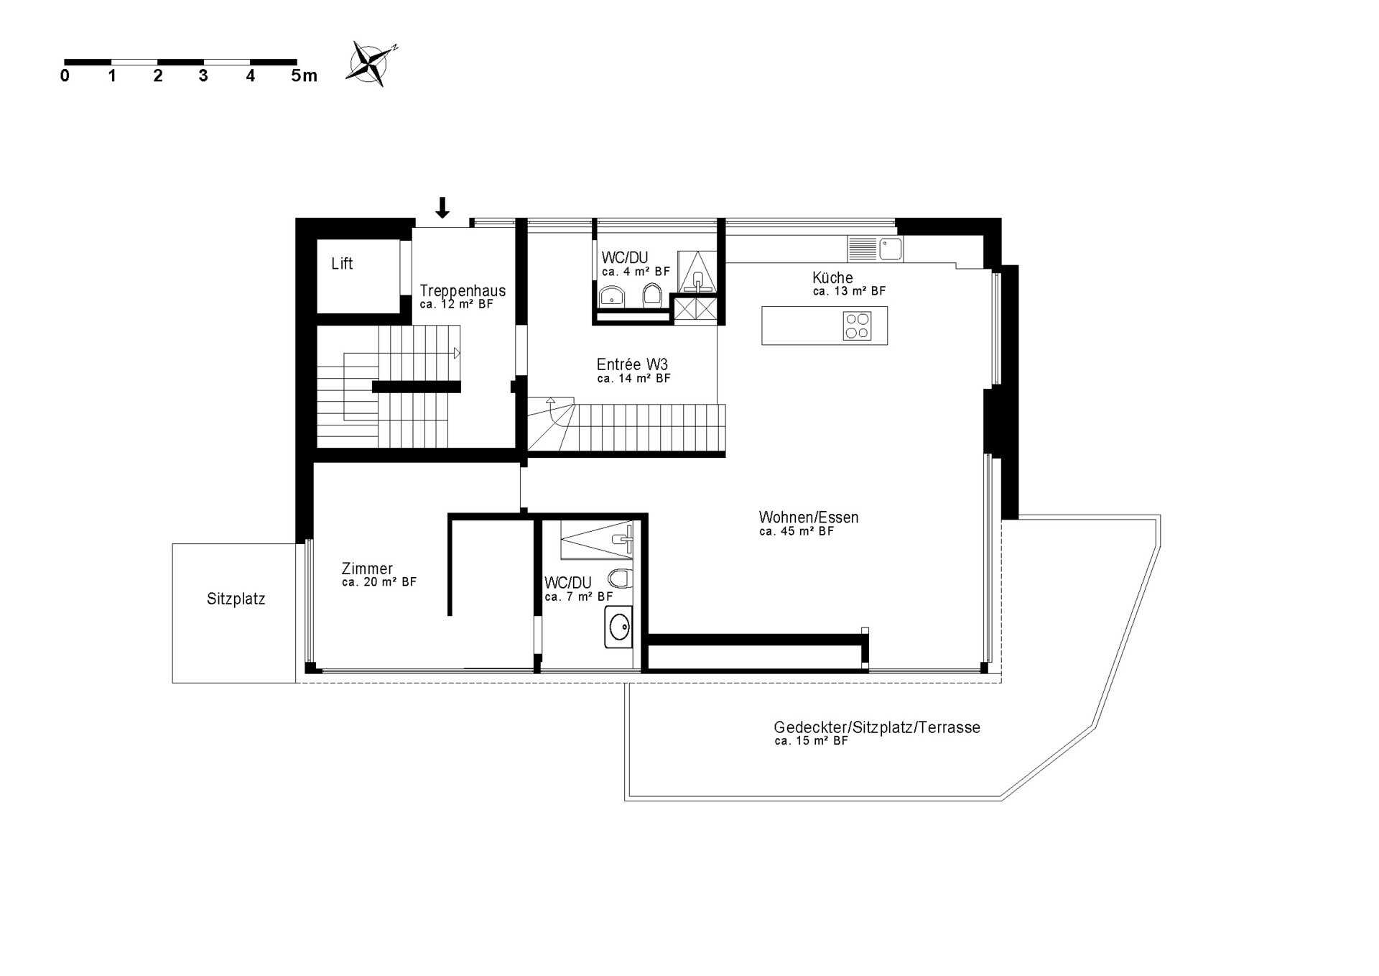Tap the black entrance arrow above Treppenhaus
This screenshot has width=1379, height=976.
tap(443, 208)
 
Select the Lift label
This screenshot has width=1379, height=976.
tap(342, 264)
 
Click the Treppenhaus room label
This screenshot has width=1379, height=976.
tap(463, 290)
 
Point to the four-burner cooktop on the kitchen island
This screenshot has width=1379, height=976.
tap(857, 326)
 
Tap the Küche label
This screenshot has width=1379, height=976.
tap(832, 277)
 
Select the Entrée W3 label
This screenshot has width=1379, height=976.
tap(632, 364)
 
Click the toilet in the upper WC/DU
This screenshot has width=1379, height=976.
tap(652, 294)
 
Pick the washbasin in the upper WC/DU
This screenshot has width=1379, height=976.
tap(612, 295)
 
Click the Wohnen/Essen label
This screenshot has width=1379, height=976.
tap(809, 517)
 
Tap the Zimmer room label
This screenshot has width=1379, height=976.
tap(367, 568)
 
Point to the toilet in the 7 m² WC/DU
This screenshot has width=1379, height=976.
tap(620, 578)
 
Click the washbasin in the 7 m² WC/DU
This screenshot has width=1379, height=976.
tap(618, 627)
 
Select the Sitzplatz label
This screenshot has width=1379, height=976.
tap(236, 599)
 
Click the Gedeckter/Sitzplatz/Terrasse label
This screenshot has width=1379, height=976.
tap(877, 727)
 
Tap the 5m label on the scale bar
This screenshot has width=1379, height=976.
tap(304, 75)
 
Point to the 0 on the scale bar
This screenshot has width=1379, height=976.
tap(65, 75)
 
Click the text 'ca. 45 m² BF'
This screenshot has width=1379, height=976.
tap(797, 531)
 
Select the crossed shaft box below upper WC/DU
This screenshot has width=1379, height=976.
tap(695, 309)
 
